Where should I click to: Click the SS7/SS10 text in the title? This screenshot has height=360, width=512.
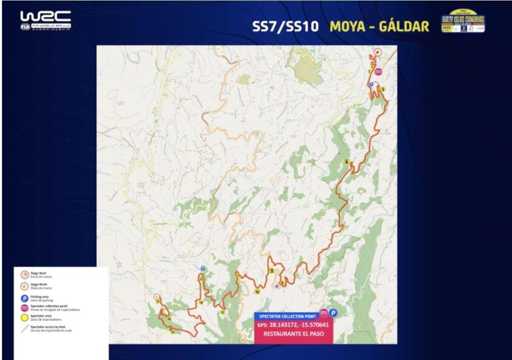coord(285,26)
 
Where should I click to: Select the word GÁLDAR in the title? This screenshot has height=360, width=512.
coord(404,26)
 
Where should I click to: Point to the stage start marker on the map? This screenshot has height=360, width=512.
coord(377,52)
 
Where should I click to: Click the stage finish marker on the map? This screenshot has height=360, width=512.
coord(157,296)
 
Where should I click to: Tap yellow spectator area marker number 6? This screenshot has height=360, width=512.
coord(346,161)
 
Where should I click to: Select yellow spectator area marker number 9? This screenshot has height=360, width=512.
coord(271,270)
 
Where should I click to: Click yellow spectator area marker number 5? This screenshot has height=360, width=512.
coord(383,89)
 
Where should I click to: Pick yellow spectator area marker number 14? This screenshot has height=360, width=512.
coord(201,302)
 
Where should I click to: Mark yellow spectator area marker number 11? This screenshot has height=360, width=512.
coord(239,275)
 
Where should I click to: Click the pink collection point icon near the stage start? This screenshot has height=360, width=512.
coord(378,72)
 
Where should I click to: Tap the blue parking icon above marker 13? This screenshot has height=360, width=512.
coord(203,269)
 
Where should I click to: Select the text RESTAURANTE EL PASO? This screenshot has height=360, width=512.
coord(293,334)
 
